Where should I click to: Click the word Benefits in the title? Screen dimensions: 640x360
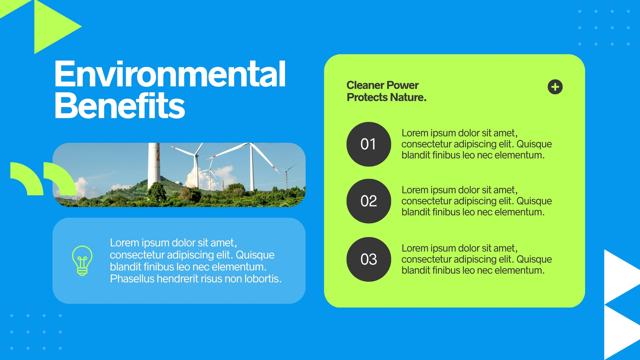click(120, 106)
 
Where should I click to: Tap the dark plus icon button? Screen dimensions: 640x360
click(555, 87)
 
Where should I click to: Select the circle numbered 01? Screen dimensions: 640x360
click(368, 144)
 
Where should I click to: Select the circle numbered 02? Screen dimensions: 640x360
click(368, 201)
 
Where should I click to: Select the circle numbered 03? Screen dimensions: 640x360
click(368, 260)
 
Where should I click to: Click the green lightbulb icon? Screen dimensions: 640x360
click(82, 260)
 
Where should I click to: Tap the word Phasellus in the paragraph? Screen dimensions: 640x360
click(132, 278)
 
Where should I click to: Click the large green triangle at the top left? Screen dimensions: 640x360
click(58, 26)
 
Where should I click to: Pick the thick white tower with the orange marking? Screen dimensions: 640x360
click(154, 166)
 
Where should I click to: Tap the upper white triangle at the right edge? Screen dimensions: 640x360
click(622, 276)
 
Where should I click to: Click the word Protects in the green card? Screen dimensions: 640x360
click(367, 98)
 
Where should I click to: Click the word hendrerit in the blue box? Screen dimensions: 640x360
click(178, 278)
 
